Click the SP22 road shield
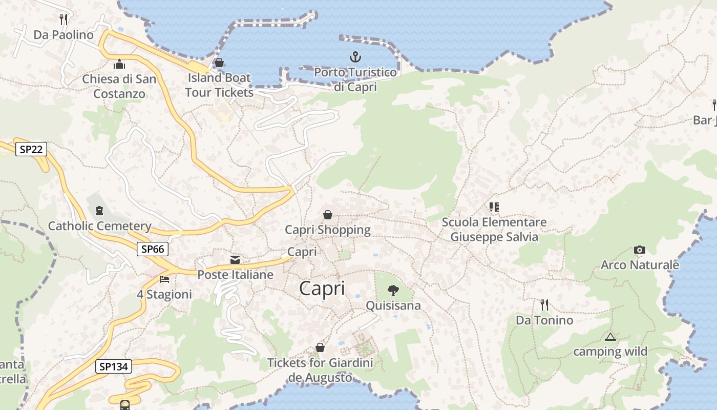tap(31, 150)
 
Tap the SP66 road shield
tap(153, 250)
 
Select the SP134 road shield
tap(114, 366)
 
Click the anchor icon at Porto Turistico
tap(355, 57)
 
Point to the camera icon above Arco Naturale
tap(639, 250)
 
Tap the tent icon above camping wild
tap(610, 337)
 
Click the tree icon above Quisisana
tap(393, 291)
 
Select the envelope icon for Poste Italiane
tap(235, 260)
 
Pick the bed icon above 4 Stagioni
tap(164, 279)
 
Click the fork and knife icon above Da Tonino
tap(544, 305)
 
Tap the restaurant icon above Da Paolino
tap(64, 19)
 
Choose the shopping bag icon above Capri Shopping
tap(327, 215)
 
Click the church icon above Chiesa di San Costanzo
tap(119, 64)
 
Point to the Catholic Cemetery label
tap(99, 226)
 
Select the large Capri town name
tap(322, 289)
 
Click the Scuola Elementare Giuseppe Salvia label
tap(494, 230)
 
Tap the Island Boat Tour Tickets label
tap(219, 85)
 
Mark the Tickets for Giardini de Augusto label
tap(320, 370)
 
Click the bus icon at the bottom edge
tap(125, 405)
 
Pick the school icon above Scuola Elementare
tap(494, 207)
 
